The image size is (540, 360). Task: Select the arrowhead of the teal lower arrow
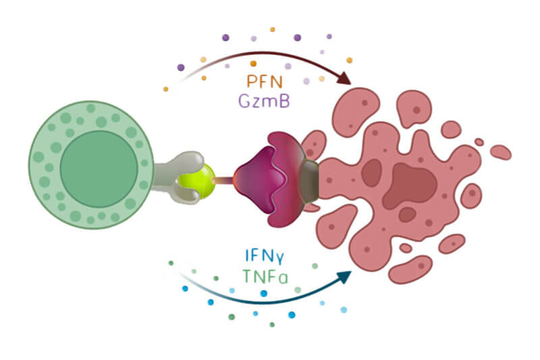pyautogui.click(x=345, y=276)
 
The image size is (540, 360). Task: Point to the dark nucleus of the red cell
pyautogui.click(x=412, y=182)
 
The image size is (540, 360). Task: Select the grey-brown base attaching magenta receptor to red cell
pyautogui.click(x=310, y=180)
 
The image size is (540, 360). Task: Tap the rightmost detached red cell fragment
pyautogui.click(x=500, y=152)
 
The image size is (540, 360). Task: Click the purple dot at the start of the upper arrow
pyautogui.click(x=181, y=68)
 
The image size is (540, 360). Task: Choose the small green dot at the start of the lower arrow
pyautogui.click(x=171, y=263)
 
